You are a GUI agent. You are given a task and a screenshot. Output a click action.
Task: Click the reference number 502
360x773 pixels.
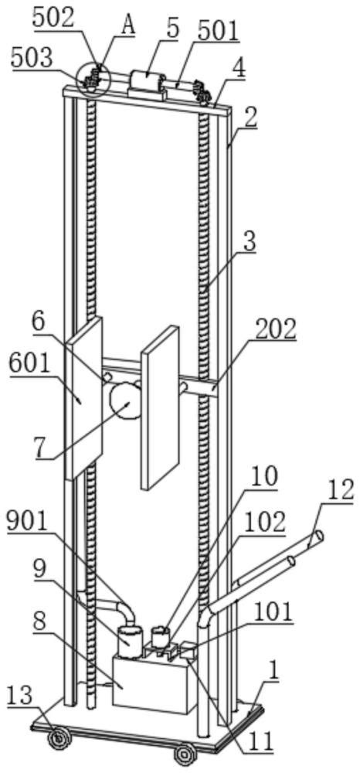pos(53,19)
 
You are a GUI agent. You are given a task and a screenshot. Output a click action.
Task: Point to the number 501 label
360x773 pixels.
pos(217,32)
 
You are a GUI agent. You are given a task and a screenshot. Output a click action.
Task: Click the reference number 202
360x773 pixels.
pos(276,331)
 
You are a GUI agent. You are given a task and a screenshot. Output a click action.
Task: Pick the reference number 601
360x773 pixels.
pos(30,365)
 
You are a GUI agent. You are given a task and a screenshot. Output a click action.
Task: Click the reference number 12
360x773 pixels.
pos(339,491)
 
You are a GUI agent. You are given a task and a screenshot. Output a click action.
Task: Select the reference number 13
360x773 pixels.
pos(19,696)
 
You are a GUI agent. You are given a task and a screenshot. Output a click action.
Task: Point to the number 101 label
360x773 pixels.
pos(273,613)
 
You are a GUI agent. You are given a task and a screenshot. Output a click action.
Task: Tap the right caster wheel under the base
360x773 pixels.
pos(184,754)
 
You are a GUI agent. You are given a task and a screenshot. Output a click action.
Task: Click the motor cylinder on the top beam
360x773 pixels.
pos(146,81)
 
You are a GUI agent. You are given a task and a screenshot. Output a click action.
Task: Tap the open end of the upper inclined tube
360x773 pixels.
pos(318,536)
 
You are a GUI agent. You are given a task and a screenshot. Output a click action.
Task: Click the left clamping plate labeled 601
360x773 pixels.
pos(83,397)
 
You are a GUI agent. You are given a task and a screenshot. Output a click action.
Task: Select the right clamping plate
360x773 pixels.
pos(160,407)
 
